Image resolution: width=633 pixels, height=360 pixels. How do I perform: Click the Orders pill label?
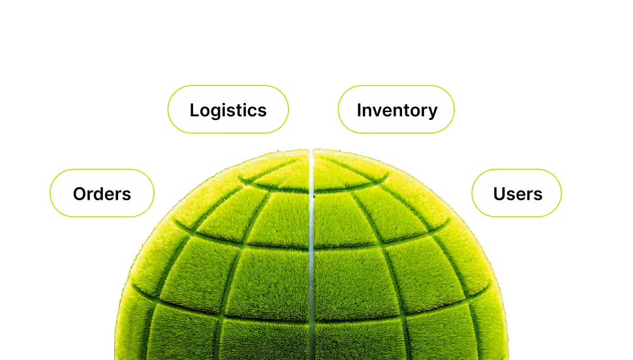102,194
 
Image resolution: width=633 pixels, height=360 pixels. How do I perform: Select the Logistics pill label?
228,110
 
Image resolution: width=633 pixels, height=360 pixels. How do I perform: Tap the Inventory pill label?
396,110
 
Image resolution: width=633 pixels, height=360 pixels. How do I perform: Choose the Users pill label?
517,194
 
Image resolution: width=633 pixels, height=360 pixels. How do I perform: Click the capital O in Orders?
80,194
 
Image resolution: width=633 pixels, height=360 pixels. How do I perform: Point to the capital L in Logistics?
194,110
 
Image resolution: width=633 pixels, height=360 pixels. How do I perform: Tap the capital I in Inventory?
359,110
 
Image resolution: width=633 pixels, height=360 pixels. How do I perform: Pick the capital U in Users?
499,194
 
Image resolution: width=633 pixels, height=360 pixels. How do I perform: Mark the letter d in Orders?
101,194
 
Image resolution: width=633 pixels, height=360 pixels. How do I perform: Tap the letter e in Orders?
112,195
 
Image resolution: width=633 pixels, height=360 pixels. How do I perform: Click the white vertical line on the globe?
311,248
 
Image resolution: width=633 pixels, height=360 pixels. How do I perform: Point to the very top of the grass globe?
311,151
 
